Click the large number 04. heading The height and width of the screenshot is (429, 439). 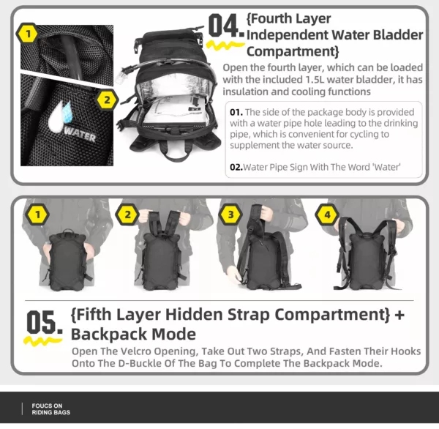click(226, 26)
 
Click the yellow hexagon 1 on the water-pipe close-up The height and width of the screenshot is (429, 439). click(28, 34)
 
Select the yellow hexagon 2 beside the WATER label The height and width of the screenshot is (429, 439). click(107, 100)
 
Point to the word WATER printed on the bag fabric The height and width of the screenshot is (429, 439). click(80, 135)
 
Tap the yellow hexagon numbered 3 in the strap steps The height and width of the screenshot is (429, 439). click(230, 214)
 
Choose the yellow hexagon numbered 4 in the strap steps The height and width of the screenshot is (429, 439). click(327, 215)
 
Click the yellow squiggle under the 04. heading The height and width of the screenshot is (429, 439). click(225, 45)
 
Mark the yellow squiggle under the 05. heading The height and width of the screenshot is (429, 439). click(42, 340)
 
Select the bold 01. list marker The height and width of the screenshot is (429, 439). click(236, 112)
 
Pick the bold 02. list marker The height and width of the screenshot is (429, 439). click(236, 167)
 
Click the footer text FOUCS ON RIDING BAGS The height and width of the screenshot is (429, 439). click(51, 409)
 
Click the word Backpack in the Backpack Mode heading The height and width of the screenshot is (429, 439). click(109, 334)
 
